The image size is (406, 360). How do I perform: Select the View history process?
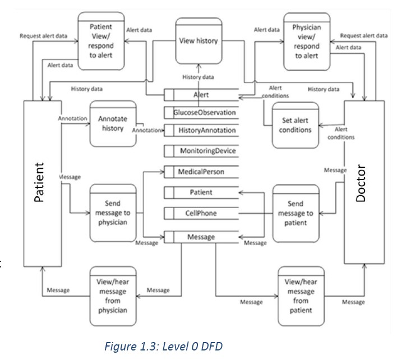click(198, 41)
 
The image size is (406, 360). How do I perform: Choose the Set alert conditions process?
click(295, 125)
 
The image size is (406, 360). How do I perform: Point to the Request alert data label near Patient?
click(44, 35)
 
